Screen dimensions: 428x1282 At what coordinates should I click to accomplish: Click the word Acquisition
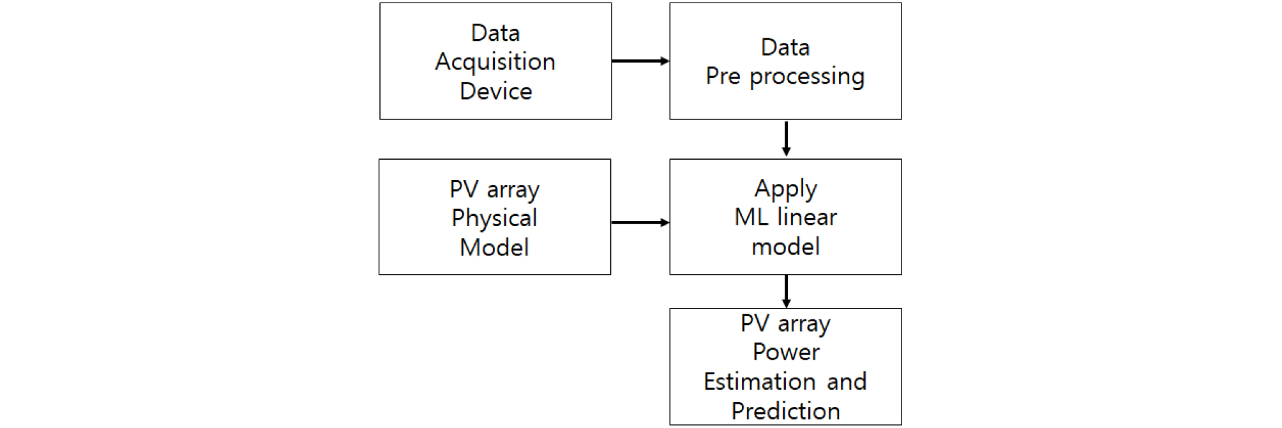click(495, 62)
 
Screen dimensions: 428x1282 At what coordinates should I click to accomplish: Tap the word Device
click(495, 91)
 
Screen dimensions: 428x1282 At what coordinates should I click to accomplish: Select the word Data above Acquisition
click(495, 33)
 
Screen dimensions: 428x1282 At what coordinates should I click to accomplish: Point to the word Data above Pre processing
click(785, 47)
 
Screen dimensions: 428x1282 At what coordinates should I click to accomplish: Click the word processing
click(807, 77)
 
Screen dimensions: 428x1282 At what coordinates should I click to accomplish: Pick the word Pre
click(723, 76)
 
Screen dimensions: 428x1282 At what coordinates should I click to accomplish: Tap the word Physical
click(494, 218)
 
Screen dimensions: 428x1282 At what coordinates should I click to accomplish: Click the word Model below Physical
click(494, 247)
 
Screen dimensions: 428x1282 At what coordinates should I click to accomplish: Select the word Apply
click(785, 189)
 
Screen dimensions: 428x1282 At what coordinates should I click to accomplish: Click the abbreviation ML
click(751, 217)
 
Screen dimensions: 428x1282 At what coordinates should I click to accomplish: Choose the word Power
click(786, 352)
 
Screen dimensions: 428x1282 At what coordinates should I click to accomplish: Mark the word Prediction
click(785, 411)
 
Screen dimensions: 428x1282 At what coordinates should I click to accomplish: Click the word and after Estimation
click(847, 381)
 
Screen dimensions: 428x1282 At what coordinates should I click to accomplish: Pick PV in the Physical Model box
click(464, 189)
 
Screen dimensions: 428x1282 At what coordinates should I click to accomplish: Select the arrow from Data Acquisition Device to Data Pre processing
click(640, 61)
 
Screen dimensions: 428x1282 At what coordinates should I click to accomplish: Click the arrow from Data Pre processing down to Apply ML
click(786, 139)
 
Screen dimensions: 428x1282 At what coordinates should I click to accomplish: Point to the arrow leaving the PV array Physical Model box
click(640, 223)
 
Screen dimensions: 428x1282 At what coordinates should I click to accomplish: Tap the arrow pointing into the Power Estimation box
click(786, 292)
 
